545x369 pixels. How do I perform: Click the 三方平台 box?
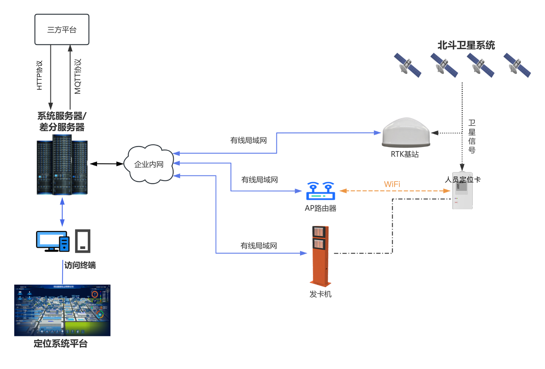point(62,30)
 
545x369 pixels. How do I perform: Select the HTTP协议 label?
point(39,75)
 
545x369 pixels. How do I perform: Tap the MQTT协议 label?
point(78,76)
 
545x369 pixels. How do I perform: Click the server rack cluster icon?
point(62,165)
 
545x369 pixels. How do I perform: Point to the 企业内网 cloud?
point(149,164)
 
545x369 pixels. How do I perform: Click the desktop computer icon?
point(52,241)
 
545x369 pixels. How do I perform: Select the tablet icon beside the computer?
point(83,241)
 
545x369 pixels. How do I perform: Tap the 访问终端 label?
point(80,265)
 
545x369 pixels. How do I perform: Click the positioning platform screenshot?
point(62,310)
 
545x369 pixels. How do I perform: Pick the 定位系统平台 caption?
point(60,343)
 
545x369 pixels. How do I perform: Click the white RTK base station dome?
point(406,133)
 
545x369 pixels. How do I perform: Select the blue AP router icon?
point(320,191)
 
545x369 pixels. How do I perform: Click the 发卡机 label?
point(320,294)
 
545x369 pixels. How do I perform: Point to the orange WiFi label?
point(392,184)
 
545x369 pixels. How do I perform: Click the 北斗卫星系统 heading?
point(466,45)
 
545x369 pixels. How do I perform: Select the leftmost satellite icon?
point(407,65)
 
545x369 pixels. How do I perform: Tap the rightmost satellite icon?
point(517,65)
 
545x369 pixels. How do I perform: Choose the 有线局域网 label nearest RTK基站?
point(248,140)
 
